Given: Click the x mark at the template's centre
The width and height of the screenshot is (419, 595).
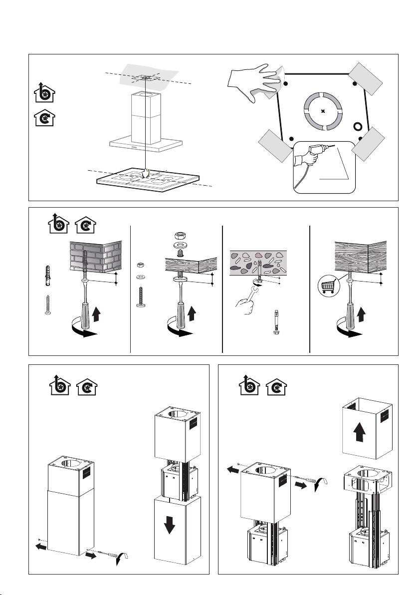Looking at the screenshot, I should click(x=323, y=111).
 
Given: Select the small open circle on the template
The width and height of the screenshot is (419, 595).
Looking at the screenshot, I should click(x=358, y=125).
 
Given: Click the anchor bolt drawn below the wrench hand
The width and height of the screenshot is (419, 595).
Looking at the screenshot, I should click(x=275, y=324).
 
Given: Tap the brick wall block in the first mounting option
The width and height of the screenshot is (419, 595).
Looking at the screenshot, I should click(x=94, y=257).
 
